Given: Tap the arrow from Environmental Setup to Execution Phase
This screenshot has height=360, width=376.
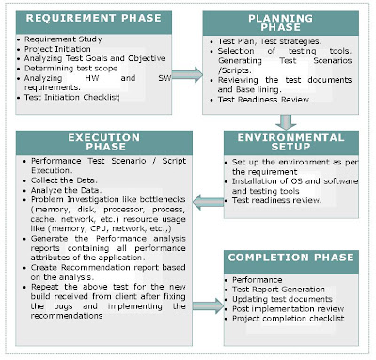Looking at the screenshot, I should click(x=204, y=198).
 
